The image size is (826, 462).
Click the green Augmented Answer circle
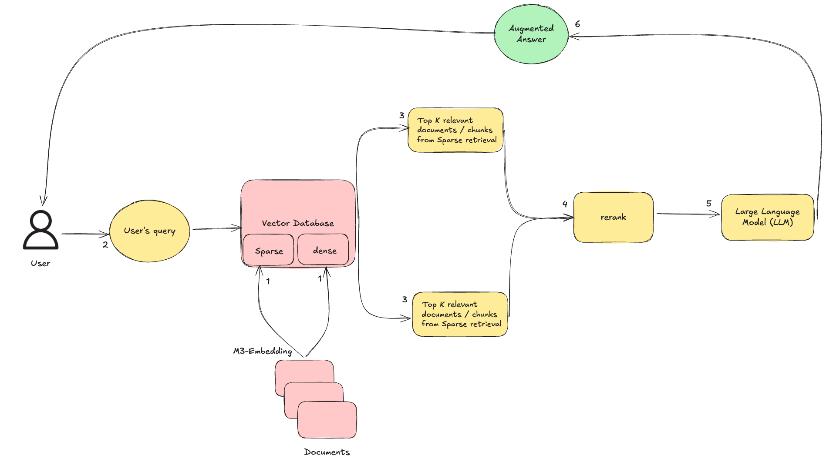click(x=531, y=34)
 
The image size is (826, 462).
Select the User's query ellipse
click(x=149, y=231)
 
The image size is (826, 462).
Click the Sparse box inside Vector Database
click(x=269, y=251)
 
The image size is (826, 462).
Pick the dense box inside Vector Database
click(x=324, y=250)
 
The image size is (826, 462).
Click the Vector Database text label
click(x=298, y=223)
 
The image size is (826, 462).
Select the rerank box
click(x=613, y=217)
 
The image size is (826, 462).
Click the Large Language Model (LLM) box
click(x=767, y=217)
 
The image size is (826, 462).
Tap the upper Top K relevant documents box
click(x=455, y=130)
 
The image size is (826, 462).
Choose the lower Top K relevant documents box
click(x=460, y=314)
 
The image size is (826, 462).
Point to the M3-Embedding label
click(x=263, y=351)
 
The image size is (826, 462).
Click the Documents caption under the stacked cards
click(x=327, y=452)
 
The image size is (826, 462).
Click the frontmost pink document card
click(x=327, y=420)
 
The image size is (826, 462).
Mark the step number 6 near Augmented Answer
click(x=577, y=24)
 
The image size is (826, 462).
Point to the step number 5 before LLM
click(x=708, y=204)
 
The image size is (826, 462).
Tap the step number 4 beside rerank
click(x=565, y=204)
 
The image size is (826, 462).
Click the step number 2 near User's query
click(x=105, y=245)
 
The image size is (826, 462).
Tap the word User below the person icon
click(x=40, y=264)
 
